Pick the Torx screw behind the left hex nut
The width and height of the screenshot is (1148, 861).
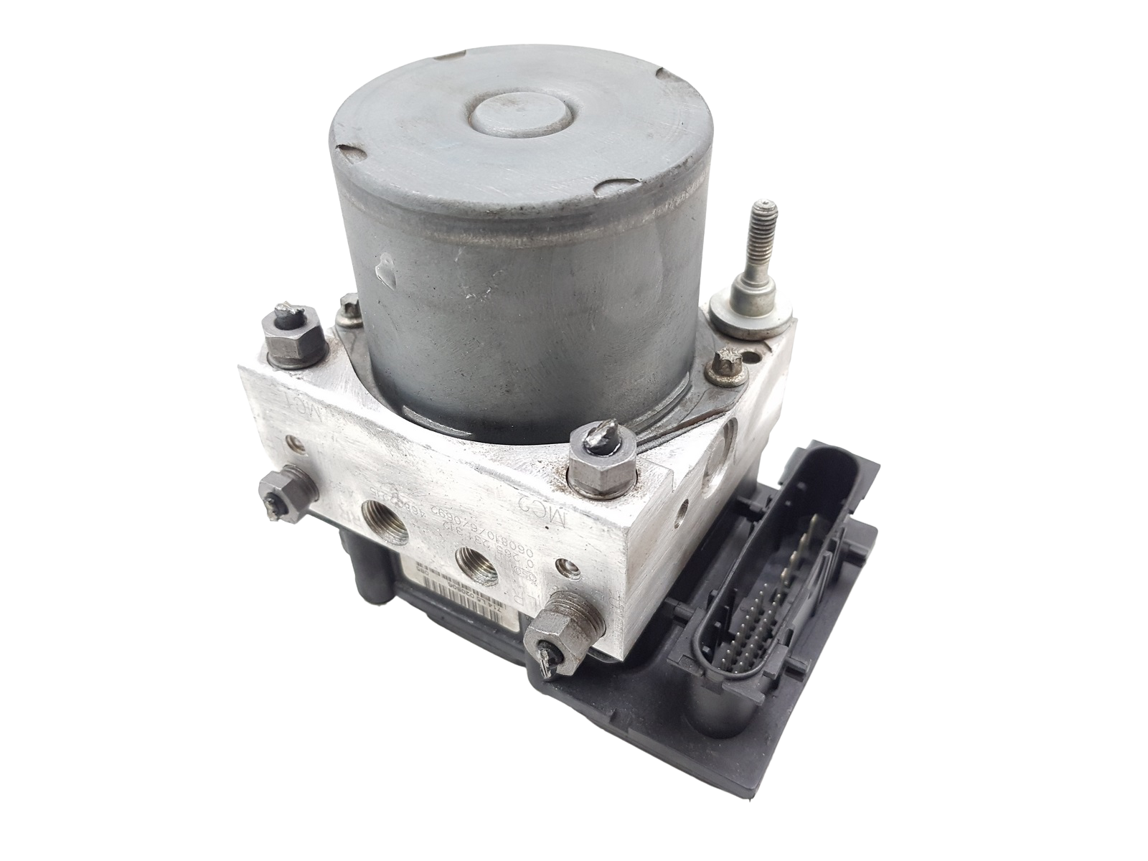349,307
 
